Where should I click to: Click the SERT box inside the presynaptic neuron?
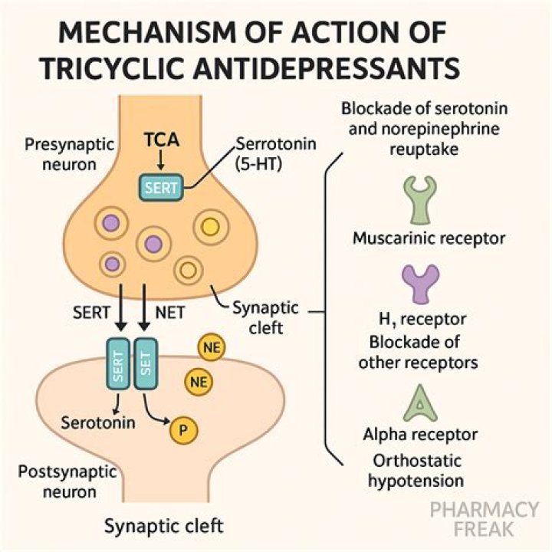pos(160,186)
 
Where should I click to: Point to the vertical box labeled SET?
pos(145,364)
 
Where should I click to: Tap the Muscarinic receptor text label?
pos(429,238)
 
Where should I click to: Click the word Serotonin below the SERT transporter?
pos(98,422)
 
